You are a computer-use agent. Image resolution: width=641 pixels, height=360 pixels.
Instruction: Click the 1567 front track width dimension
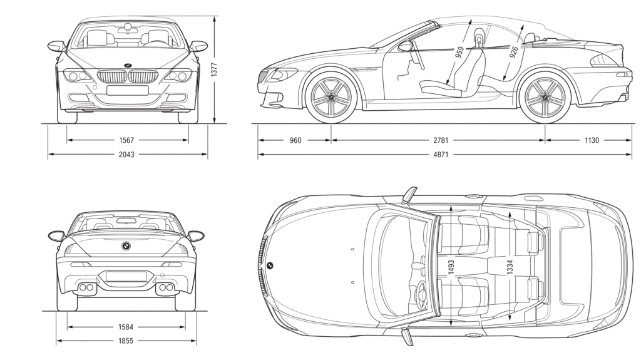point(128,140)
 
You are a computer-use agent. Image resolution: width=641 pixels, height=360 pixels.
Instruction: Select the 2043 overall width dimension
point(128,154)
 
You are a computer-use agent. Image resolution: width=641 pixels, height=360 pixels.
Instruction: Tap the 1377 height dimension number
point(214,69)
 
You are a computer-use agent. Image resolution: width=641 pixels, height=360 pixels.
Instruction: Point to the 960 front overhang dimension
point(295,140)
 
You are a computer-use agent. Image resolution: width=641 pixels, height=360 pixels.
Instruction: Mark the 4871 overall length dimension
point(442,154)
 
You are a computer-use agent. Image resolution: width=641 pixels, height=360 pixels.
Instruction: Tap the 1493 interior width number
point(451,267)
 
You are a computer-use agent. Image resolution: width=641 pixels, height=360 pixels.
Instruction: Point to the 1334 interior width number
point(510,267)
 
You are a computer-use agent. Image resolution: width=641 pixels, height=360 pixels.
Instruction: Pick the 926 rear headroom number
point(513,51)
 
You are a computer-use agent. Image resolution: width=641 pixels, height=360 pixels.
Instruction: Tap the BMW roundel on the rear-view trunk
point(126,245)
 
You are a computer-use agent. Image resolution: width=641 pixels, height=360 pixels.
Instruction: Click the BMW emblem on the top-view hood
point(270,265)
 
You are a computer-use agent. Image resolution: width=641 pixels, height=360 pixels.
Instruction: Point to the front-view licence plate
point(127,90)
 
